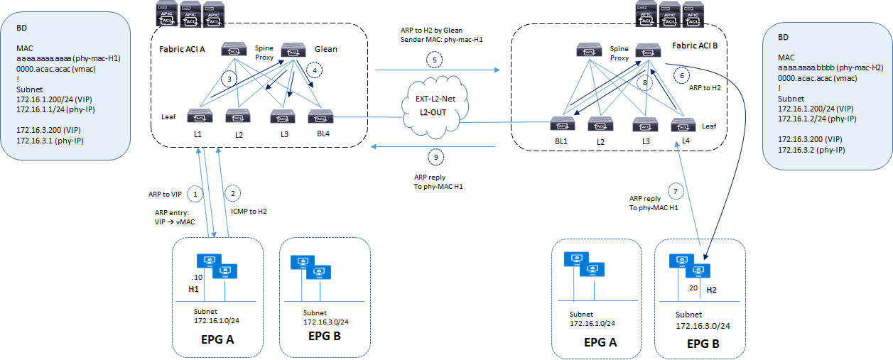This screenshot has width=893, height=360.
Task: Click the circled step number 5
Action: [x=438, y=60]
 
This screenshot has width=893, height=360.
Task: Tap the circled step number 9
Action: [x=437, y=157]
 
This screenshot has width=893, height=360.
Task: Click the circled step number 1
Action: [x=197, y=192]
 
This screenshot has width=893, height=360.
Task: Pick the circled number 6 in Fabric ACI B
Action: [x=682, y=75]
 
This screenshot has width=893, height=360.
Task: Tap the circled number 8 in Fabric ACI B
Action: [x=644, y=82]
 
